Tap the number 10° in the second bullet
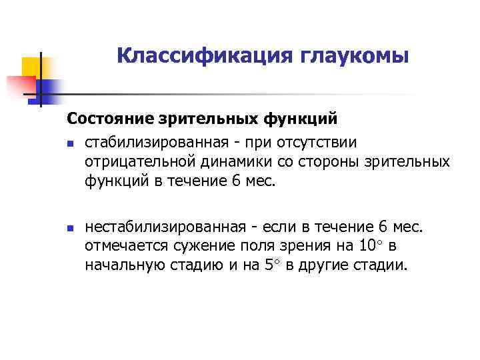(x=369, y=247)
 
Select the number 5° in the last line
(x=271, y=265)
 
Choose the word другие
(x=329, y=265)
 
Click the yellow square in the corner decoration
(x=31, y=67)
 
